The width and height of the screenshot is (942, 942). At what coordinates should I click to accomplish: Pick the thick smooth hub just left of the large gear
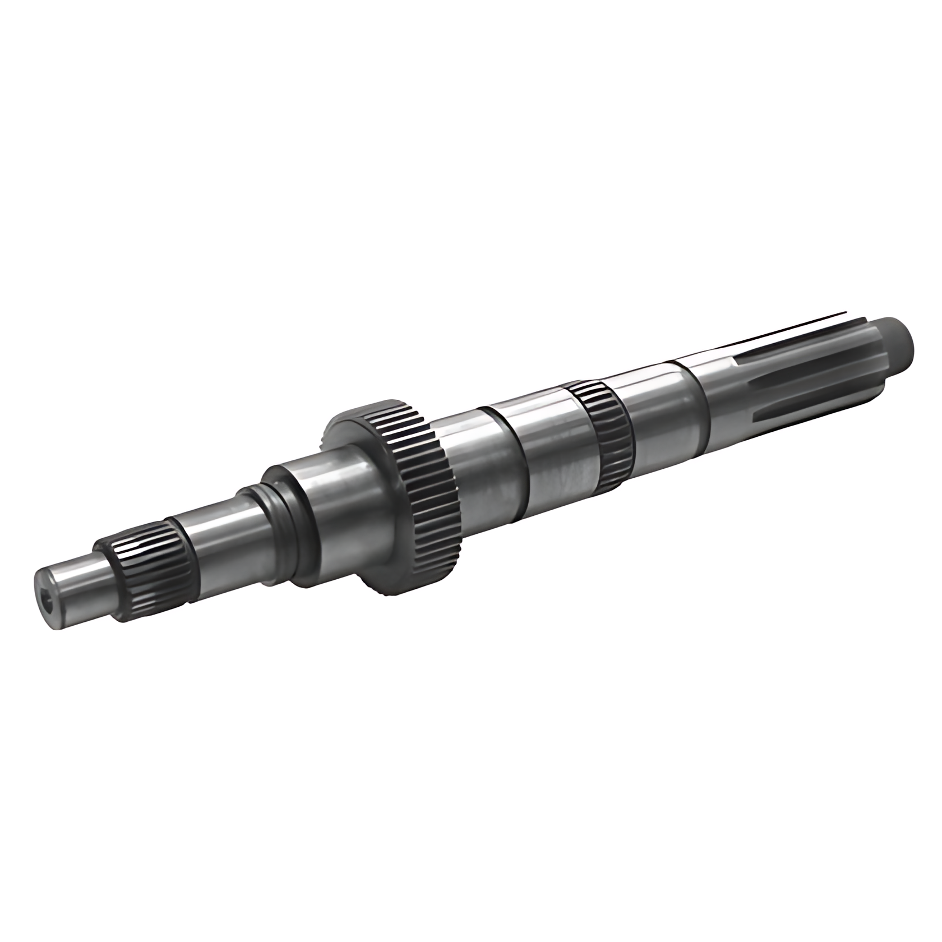coord(342,493)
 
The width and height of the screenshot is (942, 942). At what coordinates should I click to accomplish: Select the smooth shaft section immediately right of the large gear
coord(477,465)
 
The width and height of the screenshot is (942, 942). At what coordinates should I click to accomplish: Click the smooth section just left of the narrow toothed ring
coord(555,443)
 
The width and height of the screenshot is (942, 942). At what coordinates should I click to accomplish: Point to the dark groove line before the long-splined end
coord(698,401)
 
